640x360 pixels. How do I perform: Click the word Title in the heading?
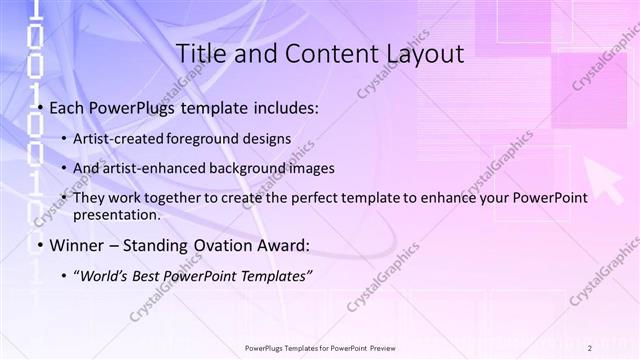pos(198,53)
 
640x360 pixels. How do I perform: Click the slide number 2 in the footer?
pos(590,347)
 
